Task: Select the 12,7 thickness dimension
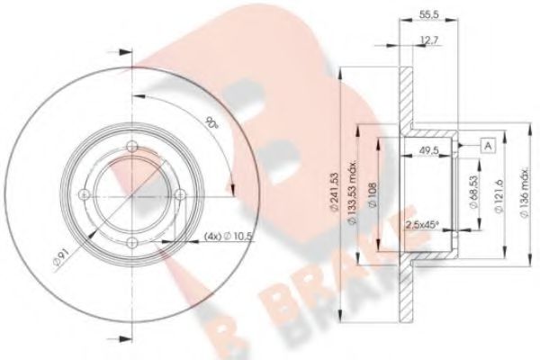(429, 40)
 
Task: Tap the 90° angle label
(211, 123)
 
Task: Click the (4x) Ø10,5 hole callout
(229, 237)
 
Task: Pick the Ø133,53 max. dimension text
(352, 193)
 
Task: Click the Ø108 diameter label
(373, 195)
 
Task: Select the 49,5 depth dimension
(428, 150)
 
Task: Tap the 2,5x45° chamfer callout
(422, 225)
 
